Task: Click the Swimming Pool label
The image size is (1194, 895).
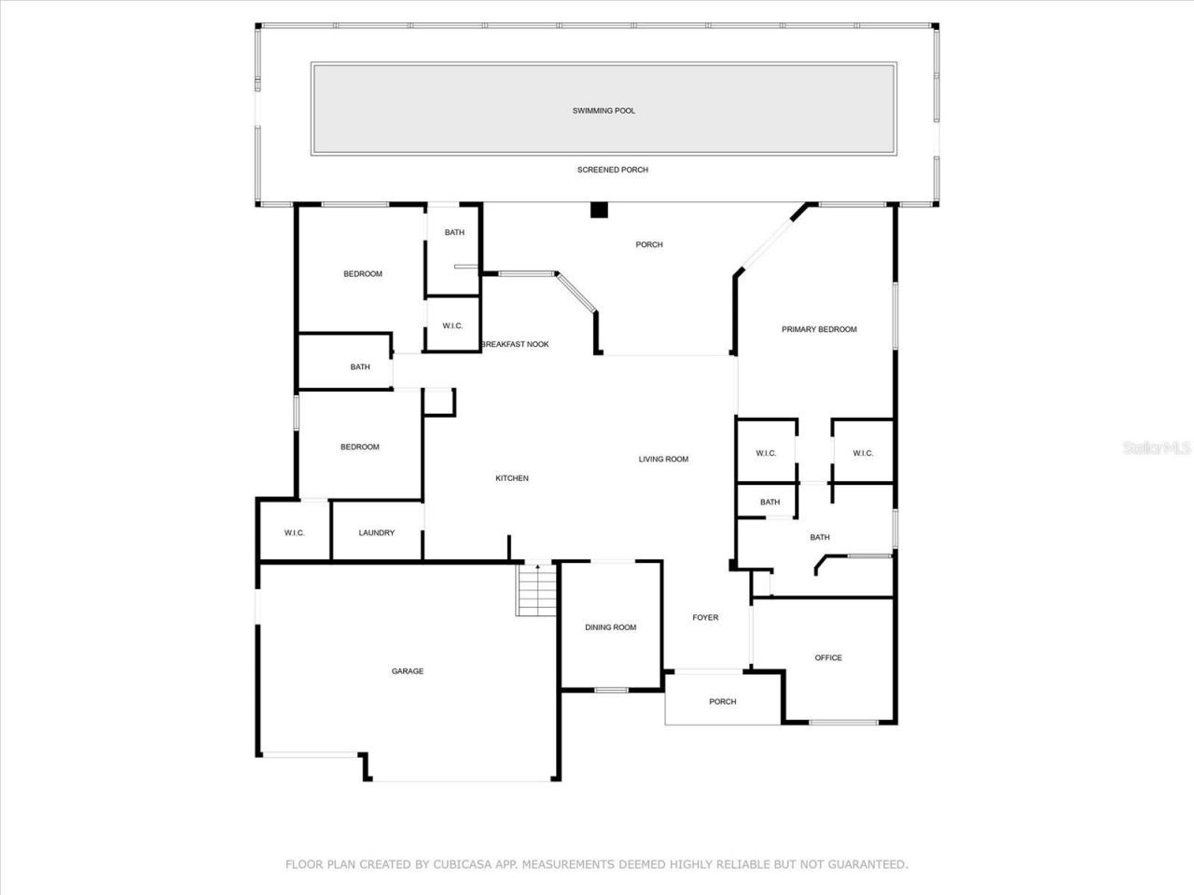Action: (x=604, y=111)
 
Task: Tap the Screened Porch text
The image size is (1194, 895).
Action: (x=612, y=170)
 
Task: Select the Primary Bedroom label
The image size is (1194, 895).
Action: (x=819, y=329)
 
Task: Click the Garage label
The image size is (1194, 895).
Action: (x=407, y=671)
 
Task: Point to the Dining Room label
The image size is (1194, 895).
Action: (x=610, y=627)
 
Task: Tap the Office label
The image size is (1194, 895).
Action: (x=828, y=658)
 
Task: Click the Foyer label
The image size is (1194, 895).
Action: (x=705, y=618)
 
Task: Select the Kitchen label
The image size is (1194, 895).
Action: (x=511, y=478)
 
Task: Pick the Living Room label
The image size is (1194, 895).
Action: (x=663, y=459)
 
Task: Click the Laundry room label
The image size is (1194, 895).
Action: (x=377, y=533)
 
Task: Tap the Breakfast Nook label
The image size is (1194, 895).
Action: (x=515, y=345)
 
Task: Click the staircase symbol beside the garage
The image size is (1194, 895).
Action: (x=536, y=591)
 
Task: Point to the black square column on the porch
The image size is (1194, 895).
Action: (x=599, y=211)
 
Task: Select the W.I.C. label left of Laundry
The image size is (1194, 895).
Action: (x=295, y=533)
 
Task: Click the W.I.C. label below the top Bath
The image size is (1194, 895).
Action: (x=452, y=325)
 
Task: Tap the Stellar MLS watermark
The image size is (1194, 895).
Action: (x=1157, y=448)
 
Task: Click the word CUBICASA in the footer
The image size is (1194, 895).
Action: (x=463, y=865)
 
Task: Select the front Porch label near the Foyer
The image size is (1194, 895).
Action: (x=722, y=702)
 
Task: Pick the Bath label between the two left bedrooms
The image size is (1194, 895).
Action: (x=360, y=367)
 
